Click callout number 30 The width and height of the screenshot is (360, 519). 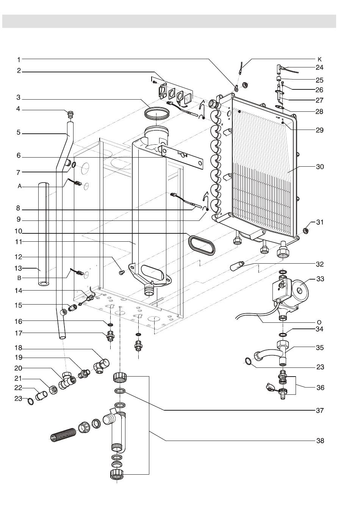320,167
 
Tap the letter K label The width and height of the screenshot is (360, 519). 319,59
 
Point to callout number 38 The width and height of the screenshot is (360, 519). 320,441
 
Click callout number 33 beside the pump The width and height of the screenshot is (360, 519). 320,279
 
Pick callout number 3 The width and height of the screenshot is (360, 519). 18,97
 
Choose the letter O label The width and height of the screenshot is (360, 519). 319,322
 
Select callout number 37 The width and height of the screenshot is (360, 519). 320,410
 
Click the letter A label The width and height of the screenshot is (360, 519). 18,186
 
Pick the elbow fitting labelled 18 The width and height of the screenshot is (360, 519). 102,365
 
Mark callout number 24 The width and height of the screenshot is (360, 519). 320,67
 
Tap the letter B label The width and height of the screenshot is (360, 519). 18,278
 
